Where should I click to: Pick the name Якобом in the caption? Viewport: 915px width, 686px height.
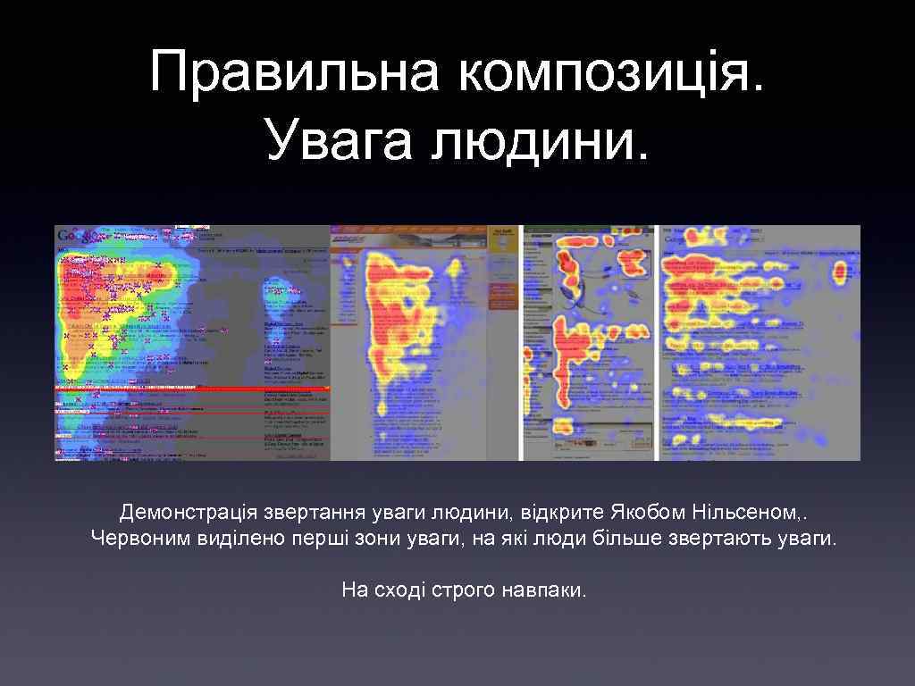pyautogui.click(x=649, y=513)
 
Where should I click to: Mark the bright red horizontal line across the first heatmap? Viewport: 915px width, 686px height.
pyautogui.click(x=192, y=389)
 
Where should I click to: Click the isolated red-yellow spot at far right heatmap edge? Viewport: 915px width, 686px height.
pyautogui.click(x=840, y=271)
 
